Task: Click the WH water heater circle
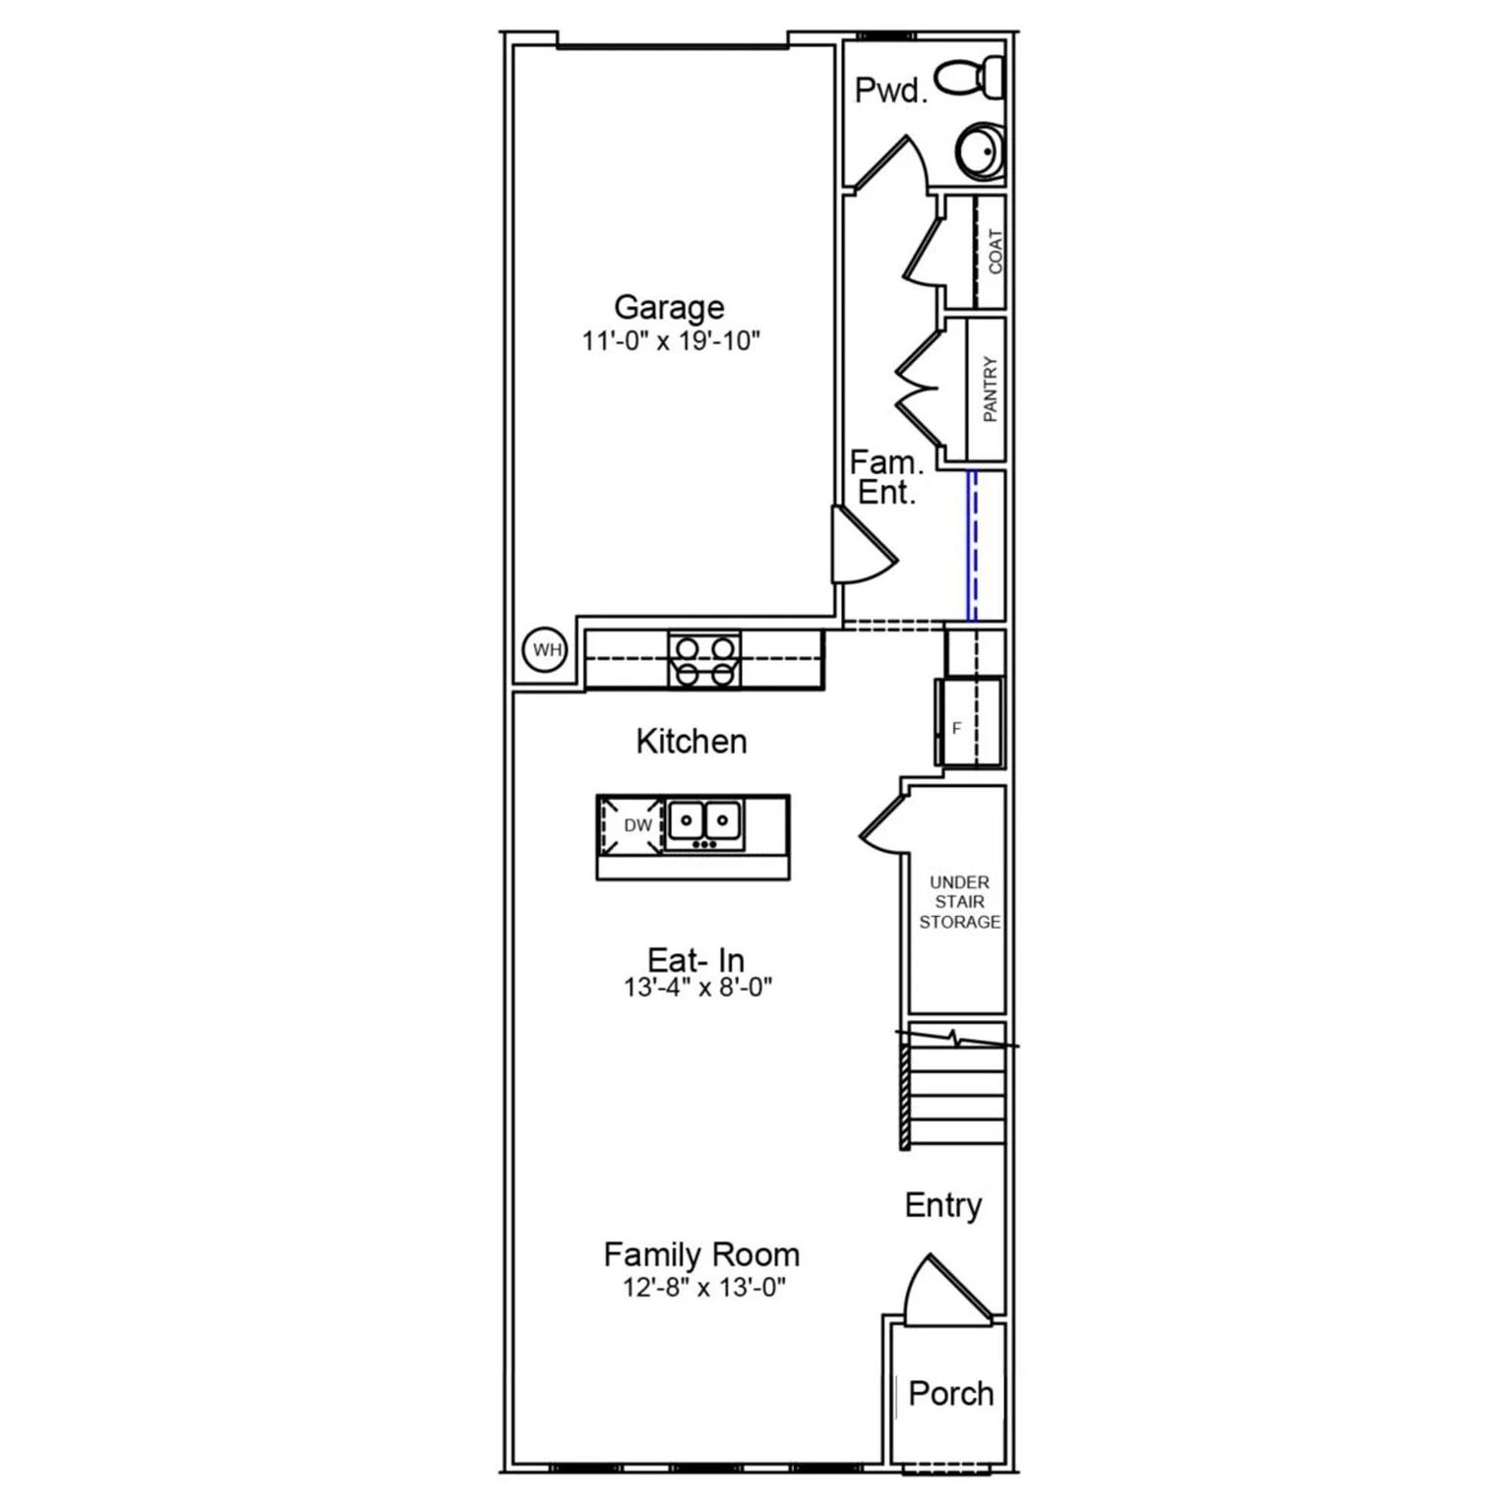(546, 650)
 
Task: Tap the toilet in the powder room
(969, 78)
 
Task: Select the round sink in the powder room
(979, 151)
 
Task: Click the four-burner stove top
(704, 660)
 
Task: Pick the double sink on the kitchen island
(704, 821)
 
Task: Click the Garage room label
(669, 307)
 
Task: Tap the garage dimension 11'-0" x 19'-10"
(671, 341)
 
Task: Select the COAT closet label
(996, 252)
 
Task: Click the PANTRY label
(990, 390)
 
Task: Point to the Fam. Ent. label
(886, 477)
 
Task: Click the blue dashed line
(972, 545)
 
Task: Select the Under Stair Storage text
(959, 902)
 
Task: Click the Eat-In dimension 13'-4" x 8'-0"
(697, 987)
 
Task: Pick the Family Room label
(701, 1254)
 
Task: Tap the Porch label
(950, 1393)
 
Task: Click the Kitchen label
(692, 741)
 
